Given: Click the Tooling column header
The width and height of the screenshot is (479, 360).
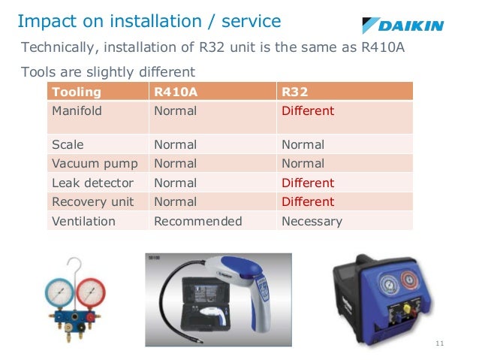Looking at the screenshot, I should (75, 92).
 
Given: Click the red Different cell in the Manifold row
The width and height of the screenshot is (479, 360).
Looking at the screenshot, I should (308, 111).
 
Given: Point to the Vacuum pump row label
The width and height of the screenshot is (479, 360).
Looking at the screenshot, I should (83, 163).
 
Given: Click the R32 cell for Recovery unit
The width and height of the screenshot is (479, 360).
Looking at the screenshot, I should (308, 201).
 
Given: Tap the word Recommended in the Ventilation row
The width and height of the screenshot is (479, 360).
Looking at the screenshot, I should (197, 221).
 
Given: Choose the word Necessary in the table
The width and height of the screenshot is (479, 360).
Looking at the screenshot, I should (312, 221).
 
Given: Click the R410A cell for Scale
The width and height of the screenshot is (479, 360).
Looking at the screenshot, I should (175, 144).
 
